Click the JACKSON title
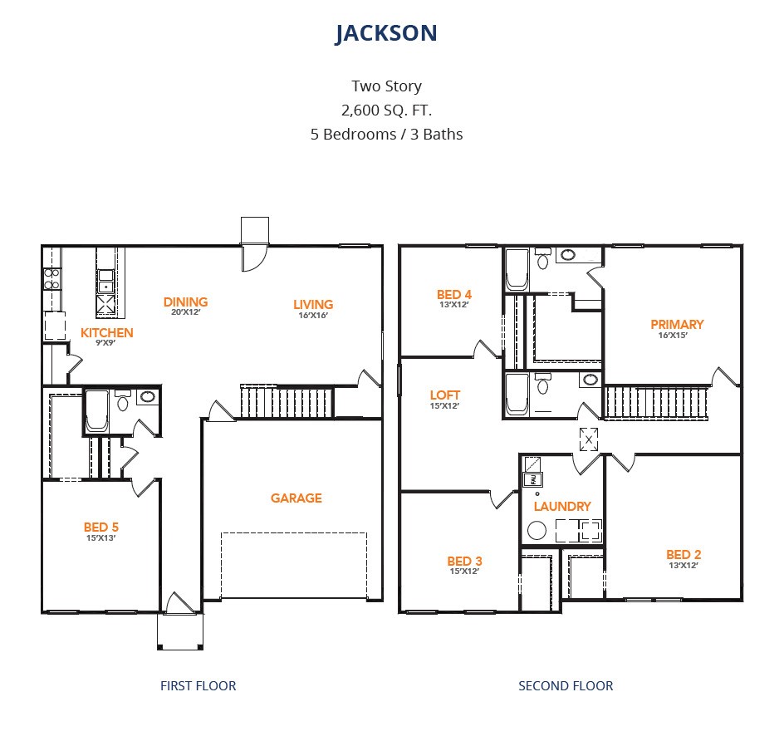(386, 33)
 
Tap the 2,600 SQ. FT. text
(386, 110)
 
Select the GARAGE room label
(296, 498)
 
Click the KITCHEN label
(106, 332)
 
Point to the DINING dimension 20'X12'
(185, 312)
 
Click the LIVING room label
(313, 305)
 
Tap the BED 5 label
(101, 527)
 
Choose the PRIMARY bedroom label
(677, 325)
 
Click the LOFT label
(444, 395)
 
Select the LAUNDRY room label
(562, 507)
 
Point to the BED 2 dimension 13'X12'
(684, 566)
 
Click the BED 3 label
(464, 561)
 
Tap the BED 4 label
(454, 295)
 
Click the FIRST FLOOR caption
(198, 685)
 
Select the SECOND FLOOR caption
(566, 685)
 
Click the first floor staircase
(287, 401)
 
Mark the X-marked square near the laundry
(589, 439)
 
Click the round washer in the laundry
(537, 531)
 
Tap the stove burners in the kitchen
(52, 279)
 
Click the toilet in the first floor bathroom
(123, 401)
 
